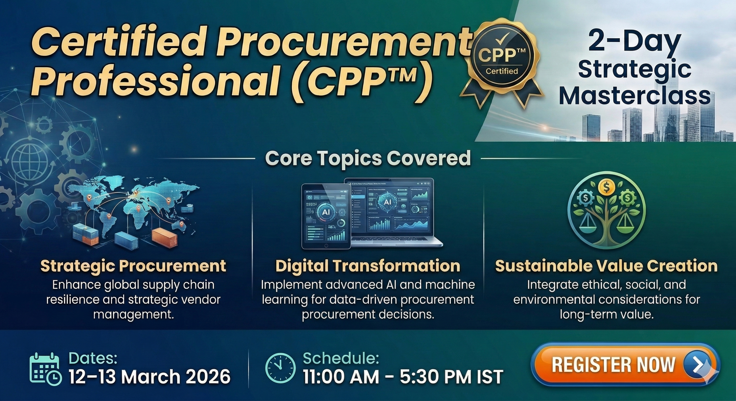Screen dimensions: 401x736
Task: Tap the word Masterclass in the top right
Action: tap(635, 96)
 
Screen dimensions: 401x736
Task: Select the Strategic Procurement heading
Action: tap(133, 266)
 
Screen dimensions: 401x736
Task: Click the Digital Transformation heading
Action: tap(368, 266)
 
